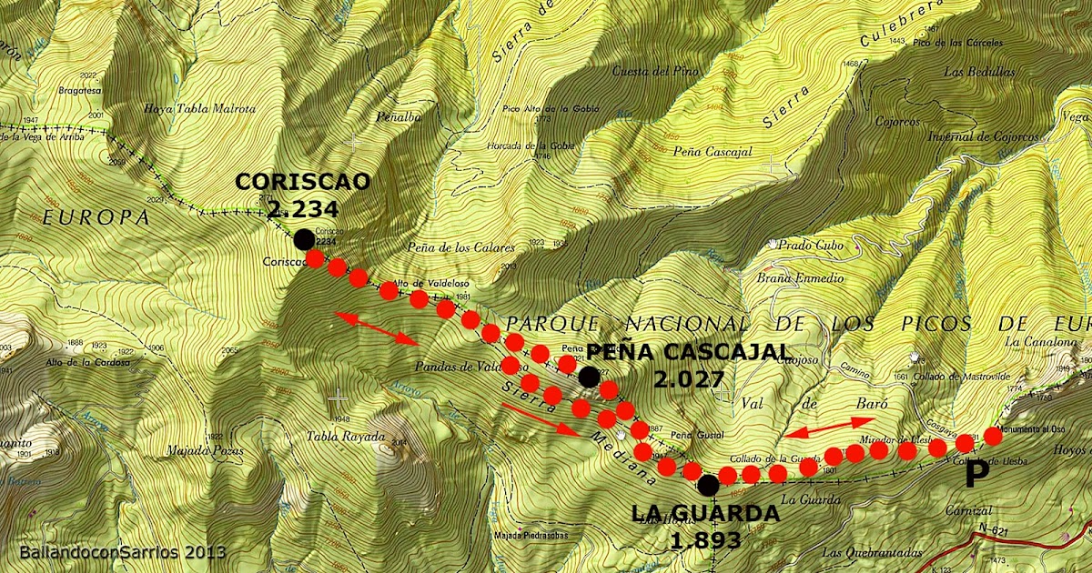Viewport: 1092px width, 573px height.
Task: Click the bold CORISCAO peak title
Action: (x=303, y=181)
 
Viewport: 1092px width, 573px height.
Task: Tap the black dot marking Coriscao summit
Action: (x=302, y=239)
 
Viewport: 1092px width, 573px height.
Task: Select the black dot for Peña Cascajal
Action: (x=589, y=377)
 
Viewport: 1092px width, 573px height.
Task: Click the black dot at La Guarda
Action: (x=709, y=485)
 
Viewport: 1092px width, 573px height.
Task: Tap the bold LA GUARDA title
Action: (x=705, y=514)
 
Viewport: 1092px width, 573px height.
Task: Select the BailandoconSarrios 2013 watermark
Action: (x=122, y=552)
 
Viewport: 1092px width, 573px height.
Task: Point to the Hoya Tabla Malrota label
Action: (x=199, y=109)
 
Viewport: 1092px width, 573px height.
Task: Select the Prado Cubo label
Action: (x=810, y=245)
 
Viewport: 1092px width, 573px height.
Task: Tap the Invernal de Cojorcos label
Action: (x=989, y=136)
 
